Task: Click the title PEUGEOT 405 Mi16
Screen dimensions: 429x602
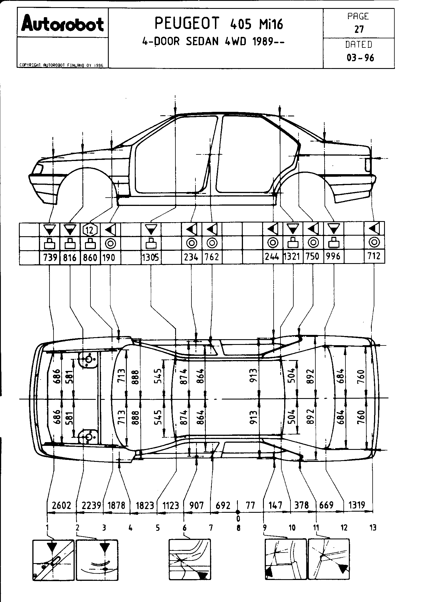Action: [x=219, y=23]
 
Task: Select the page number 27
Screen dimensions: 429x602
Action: [x=359, y=29]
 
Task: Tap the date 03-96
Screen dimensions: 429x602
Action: [x=360, y=58]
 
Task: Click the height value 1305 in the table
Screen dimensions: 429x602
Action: [x=151, y=257]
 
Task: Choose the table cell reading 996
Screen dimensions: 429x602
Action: [x=334, y=256]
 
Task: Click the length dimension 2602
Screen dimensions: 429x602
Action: [x=62, y=505]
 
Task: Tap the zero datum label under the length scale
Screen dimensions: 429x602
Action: [x=238, y=518]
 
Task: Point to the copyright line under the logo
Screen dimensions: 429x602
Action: [x=61, y=65]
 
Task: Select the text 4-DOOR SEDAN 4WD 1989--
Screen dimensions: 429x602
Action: [x=213, y=42]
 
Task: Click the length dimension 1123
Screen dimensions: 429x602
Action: [x=171, y=505]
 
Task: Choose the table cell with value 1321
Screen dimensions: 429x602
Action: [x=293, y=257]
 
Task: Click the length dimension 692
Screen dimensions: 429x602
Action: [x=223, y=505]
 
